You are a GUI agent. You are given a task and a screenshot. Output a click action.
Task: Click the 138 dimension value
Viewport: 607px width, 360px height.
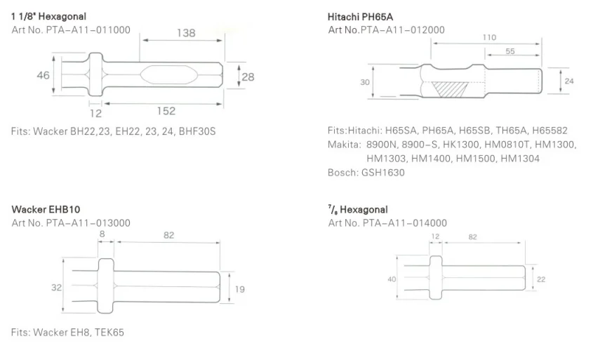[186, 33]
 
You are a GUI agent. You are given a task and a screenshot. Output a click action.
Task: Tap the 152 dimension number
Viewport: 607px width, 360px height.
[166, 111]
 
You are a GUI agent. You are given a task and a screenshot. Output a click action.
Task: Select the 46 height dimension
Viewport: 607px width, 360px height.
[43, 75]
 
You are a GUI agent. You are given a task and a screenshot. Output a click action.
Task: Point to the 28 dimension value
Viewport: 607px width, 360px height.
[248, 77]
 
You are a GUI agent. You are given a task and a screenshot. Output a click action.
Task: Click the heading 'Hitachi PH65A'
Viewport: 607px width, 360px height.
[360, 17]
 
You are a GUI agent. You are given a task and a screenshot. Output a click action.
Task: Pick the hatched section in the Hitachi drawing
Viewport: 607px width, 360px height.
[449, 89]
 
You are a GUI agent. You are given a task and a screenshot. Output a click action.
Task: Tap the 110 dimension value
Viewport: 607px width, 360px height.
[489, 38]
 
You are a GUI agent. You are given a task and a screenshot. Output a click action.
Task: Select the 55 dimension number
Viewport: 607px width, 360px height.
[510, 51]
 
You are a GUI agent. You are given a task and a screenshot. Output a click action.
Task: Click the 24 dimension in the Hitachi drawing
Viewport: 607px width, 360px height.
[569, 81]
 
